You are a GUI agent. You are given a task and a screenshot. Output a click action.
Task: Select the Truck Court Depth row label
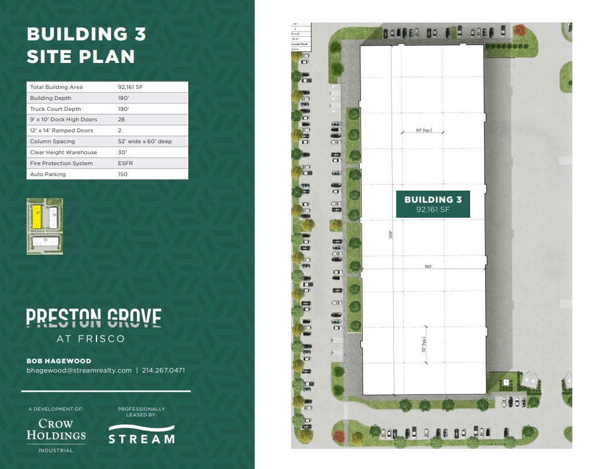click(55, 109)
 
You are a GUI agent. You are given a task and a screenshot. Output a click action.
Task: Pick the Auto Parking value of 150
click(122, 174)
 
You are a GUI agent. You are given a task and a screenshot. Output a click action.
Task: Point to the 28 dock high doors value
click(121, 120)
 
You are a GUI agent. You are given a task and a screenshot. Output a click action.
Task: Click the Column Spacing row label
click(53, 142)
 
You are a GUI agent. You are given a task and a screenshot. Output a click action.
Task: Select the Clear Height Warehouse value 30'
click(122, 152)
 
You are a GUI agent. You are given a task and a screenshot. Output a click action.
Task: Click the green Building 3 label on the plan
click(433, 204)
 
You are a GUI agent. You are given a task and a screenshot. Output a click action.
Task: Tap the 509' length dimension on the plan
click(391, 234)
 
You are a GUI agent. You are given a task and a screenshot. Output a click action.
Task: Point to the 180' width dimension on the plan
click(427, 267)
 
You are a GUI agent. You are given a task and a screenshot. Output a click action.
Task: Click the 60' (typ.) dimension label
click(423, 131)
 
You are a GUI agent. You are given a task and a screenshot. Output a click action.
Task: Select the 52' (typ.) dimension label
click(423, 345)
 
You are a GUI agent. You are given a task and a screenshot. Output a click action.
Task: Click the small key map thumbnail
click(45, 226)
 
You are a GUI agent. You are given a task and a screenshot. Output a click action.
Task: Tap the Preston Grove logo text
click(94, 318)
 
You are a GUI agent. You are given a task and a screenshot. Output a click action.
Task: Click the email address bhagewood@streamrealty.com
click(79, 370)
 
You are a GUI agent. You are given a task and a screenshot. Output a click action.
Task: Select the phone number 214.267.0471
click(163, 370)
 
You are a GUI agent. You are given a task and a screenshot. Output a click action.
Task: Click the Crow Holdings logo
click(56, 430)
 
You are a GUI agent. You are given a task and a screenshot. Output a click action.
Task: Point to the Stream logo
click(141, 434)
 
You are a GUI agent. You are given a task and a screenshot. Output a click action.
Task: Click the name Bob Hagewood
click(59, 361)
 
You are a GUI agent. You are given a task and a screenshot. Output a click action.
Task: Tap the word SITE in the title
click(52, 57)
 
